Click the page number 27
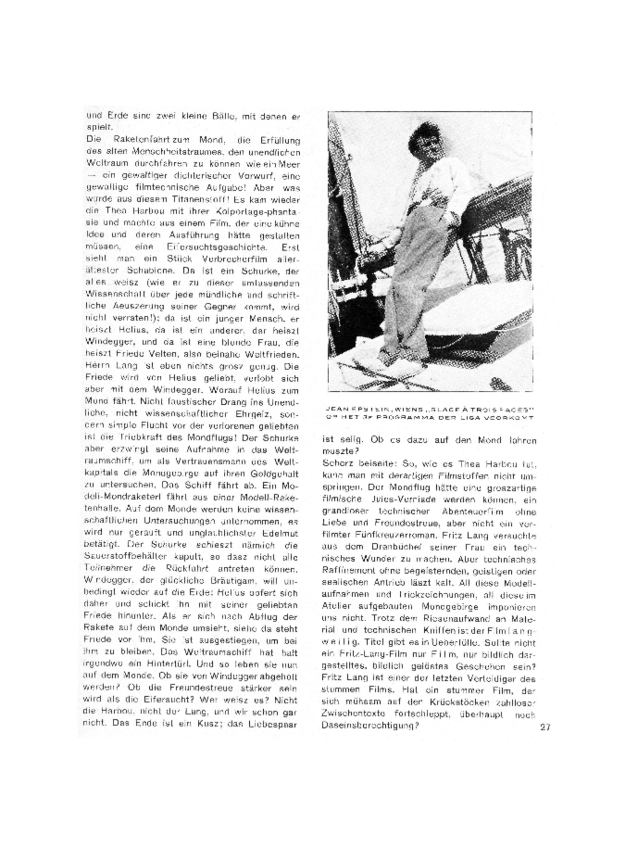click(545, 727)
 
